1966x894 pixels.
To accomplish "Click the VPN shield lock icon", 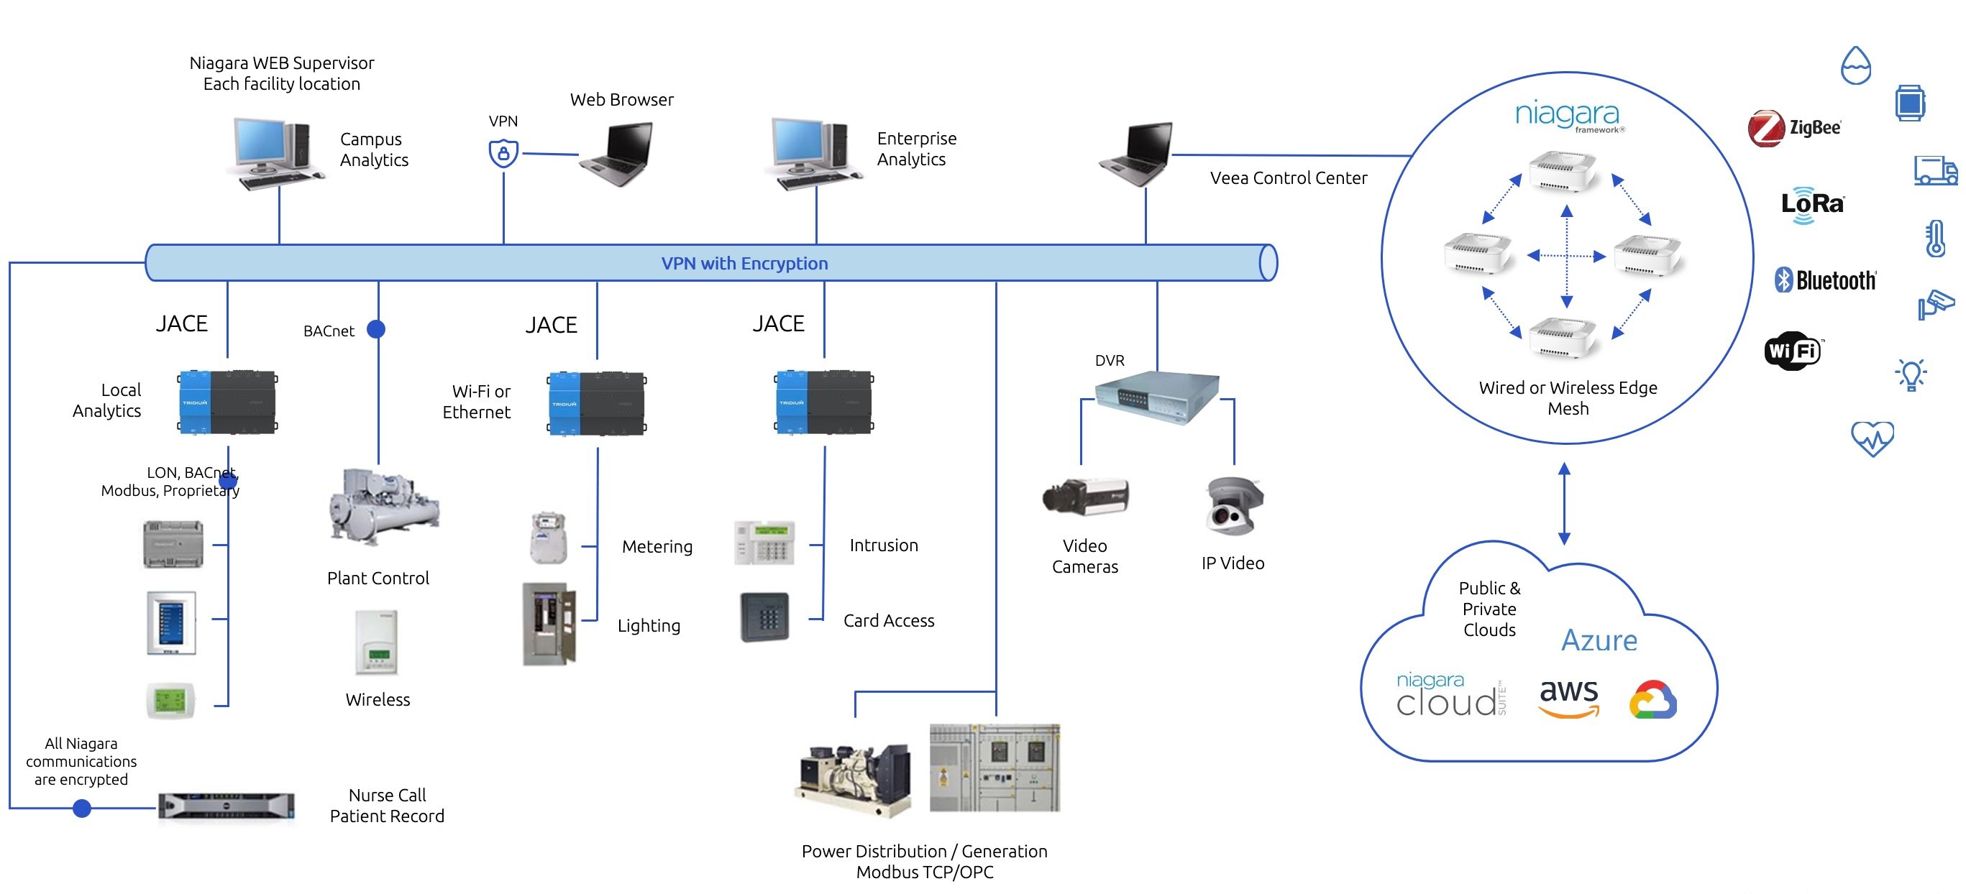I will [x=503, y=153].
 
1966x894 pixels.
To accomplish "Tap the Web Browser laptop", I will [x=618, y=154].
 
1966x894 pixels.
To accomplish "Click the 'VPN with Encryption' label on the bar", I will [x=744, y=263].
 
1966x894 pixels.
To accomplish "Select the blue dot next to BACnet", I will [x=375, y=328].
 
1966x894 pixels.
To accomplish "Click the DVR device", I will [x=1156, y=396].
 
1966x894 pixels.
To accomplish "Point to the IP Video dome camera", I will [x=1233, y=507].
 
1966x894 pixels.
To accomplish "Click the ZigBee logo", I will [x=1794, y=127].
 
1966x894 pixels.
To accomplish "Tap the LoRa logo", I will [x=1812, y=204].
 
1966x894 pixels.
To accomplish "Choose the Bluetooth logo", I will [x=1825, y=280].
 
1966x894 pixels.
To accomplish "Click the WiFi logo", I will [x=1792, y=351].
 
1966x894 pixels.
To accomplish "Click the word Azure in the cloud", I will [x=1599, y=640].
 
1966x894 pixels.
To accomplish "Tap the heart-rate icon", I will [x=1871, y=438].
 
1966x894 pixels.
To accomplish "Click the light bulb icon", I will [x=1911, y=374].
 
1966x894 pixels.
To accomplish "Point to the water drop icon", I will [x=1855, y=65].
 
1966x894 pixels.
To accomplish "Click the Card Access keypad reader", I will [x=764, y=617].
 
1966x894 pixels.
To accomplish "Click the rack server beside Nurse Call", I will [x=226, y=806].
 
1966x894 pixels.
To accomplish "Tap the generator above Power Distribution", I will [x=854, y=778].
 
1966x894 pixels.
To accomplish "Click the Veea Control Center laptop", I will [x=1138, y=155].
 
